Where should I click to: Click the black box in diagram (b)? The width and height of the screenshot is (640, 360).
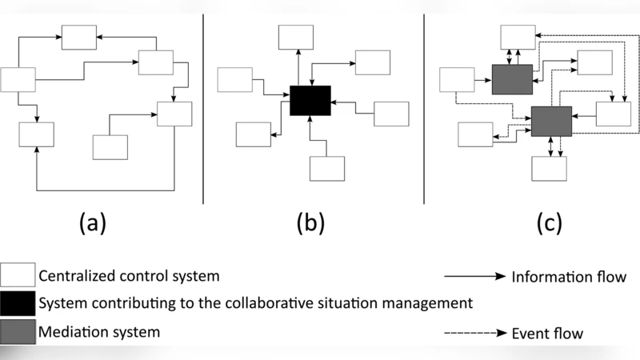coord(310,102)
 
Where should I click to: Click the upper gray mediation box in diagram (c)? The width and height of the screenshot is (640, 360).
coord(512,79)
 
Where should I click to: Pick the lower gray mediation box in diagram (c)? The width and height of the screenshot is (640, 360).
coord(550,120)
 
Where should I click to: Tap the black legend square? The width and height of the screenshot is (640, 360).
coord(18,303)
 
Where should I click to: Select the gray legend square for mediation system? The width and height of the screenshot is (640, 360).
coord(18,329)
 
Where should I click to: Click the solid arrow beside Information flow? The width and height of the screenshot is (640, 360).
coord(474,277)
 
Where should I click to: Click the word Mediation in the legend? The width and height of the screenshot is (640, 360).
coord(73,329)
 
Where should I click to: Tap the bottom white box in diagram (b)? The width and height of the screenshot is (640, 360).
coord(326,168)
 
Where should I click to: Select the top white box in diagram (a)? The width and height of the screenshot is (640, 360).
coord(79,37)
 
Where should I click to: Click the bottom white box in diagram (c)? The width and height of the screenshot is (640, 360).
coord(549,168)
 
